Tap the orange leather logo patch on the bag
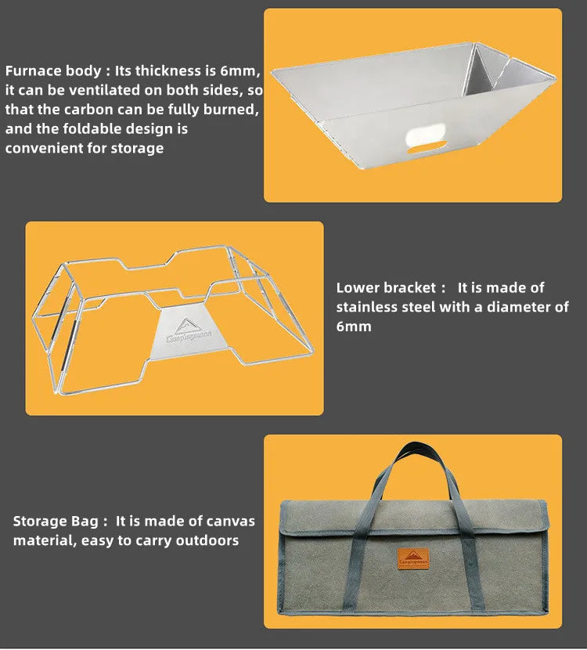pyautogui.click(x=413, y=559)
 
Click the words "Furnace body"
pyautogui.click(x=53, y=71)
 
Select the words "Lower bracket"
pyautogui.click(x=386, y=287)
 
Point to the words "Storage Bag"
pyautogui.click(x=56, y=521)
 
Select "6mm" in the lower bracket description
pyautogui.click(x=354, y=327)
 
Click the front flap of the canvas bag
pyautogui.click(x=413, y=517)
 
